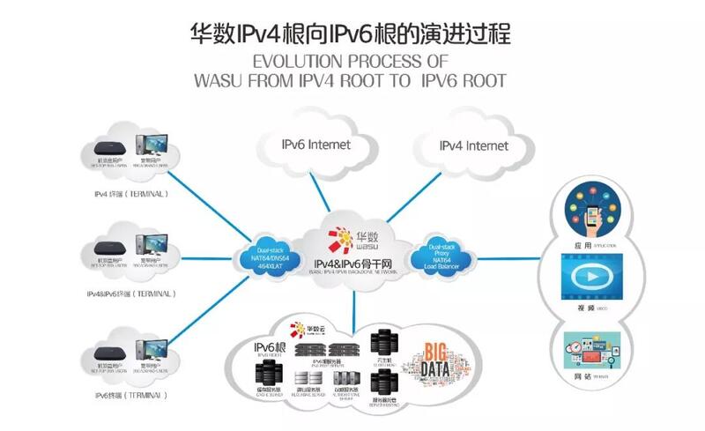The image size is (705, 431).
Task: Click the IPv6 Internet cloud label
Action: point(315,144)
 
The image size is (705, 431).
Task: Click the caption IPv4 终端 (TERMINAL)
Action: point(130,193)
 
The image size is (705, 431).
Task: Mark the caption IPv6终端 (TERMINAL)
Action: point(130,395)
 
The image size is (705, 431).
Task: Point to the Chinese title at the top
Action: point(352,33)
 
